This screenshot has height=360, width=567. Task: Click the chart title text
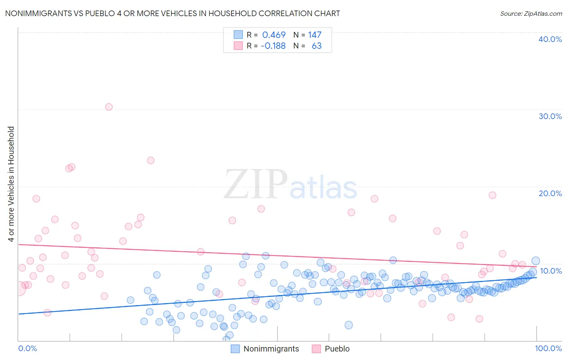[x=173, y=13]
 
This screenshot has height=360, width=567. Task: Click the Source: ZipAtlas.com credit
[x=531, y=13]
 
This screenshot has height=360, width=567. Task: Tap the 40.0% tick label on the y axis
[x=550, y=39]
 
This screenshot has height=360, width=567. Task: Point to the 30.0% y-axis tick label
[x=550, y=116]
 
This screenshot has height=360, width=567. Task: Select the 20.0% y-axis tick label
[x=550, y=193]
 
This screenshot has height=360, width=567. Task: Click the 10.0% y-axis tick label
[x=551, y=271]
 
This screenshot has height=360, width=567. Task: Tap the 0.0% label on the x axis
[x=27, y=348]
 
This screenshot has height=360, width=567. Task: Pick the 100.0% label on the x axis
[x=548, y=348]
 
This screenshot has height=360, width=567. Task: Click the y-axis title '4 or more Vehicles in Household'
[x=11, y=184]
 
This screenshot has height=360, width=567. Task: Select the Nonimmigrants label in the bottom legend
[x=271, y=349]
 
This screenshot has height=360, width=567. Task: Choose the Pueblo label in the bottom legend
[x=337, y=349]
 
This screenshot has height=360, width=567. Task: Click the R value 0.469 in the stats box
[x=274, y=35]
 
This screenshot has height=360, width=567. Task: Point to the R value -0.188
[x=273, y=46]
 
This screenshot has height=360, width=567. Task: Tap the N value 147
[x=315, y=35]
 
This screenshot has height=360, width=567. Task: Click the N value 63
[x=317, y=46]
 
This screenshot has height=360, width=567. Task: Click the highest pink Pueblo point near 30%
[x=109, y=107]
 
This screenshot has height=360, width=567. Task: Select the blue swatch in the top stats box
[x=238, y=35]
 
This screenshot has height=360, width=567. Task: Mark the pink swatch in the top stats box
[x=238, y=46]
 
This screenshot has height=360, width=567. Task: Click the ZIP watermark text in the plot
[x=256, y=184]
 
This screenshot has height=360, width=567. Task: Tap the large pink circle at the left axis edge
[x=19, y=288]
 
